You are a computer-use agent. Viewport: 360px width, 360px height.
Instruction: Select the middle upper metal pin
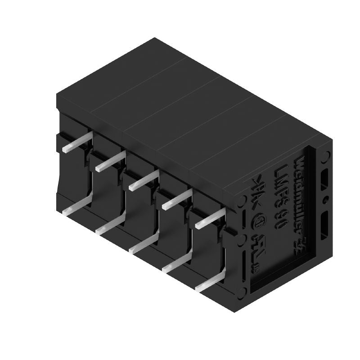143,180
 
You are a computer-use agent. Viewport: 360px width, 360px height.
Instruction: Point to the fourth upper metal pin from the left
176,199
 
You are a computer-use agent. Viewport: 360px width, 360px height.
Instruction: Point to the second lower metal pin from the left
111,225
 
